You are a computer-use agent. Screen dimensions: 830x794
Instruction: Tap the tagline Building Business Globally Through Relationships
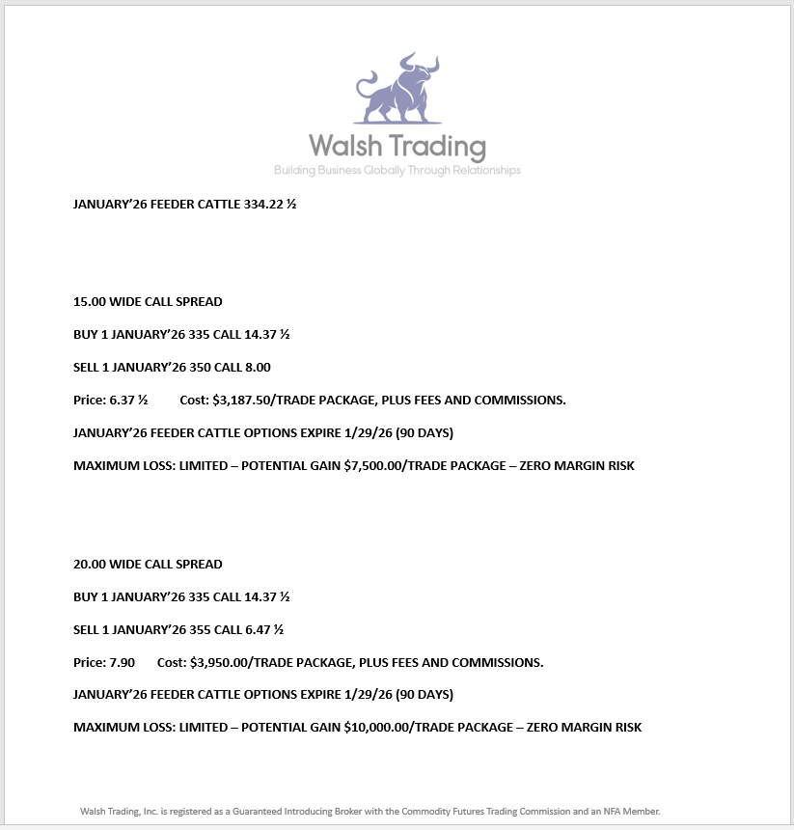[397, 171]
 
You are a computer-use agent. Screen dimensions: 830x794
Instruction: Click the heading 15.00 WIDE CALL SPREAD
[148, 302]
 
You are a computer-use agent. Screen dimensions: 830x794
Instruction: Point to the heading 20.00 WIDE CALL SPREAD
[148, 564]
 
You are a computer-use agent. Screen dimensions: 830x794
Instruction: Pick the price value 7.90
[123, 662]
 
